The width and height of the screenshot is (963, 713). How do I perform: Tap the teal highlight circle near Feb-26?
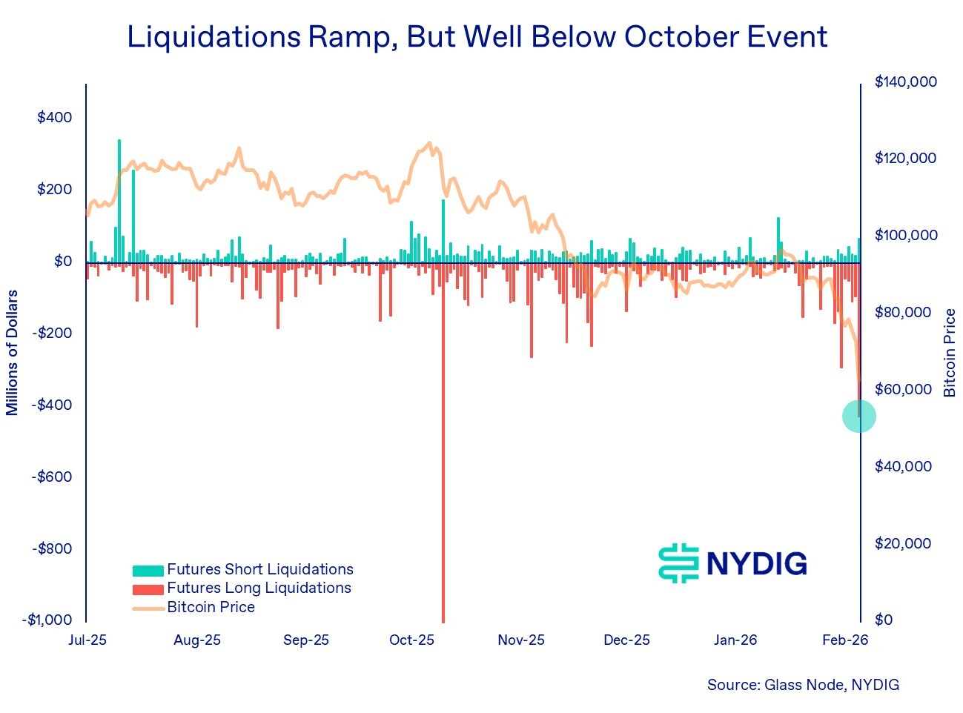coord(859,416)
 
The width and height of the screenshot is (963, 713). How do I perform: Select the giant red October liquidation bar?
coord(443,445)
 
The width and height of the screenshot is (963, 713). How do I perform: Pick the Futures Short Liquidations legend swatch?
coord(148,571)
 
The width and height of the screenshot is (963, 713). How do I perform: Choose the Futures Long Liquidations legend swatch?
coord(148,589)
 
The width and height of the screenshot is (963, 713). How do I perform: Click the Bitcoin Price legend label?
coord(211,607)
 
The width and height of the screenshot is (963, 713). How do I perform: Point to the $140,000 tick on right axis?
coord(905,82)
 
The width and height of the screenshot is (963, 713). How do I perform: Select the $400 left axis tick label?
coord(55,117)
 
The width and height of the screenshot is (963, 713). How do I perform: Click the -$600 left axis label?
coord(52,477)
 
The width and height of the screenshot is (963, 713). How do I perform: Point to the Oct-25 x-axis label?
coord(411,640)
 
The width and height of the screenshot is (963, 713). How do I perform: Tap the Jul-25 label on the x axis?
coord(87,640)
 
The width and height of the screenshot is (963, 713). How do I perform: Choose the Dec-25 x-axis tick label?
coord(626,640)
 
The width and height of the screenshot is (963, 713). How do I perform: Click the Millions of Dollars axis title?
coord(12,353)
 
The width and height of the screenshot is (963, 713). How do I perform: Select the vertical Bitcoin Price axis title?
coord(950,353)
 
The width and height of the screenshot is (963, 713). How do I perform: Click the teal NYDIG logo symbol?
coord(678,563)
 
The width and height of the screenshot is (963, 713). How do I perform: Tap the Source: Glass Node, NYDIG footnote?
coord(803,685)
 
